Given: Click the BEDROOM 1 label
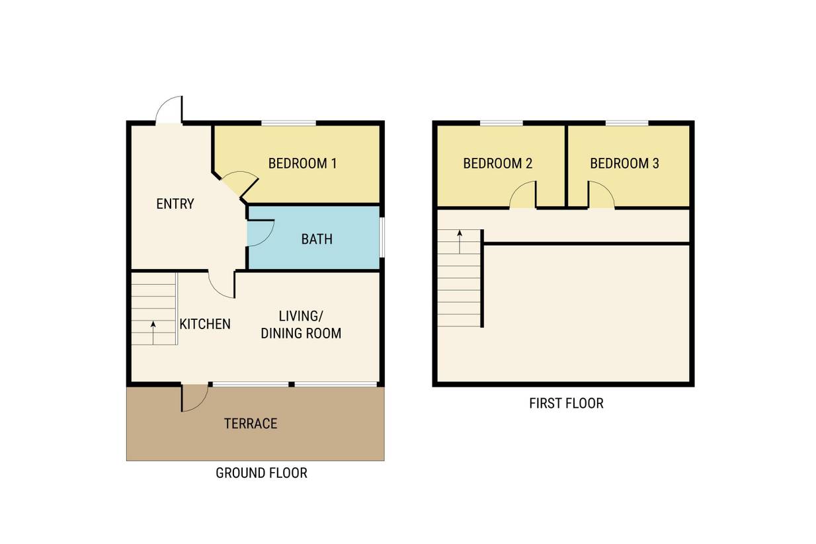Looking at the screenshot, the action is (x=302, y=163).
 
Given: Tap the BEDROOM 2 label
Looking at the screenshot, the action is (x=498, y=163).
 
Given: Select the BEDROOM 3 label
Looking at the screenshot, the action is (x=624, y=163).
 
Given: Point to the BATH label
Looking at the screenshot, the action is (x=317, y=239).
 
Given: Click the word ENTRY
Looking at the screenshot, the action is (x=175, y=204).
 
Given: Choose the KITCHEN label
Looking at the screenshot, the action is (x=205, y=324).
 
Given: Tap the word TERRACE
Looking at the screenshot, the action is (x=251, y=424).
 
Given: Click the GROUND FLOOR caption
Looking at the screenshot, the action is (x=262, y=473).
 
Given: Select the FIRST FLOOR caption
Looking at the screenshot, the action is (x=567, y=403).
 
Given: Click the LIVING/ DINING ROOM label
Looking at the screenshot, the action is (x=302, y=325).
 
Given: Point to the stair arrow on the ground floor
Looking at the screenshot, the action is (x=153, y=332).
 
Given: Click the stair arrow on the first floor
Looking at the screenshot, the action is (x=460, y=242).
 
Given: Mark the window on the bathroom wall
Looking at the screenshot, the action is (x=382, y=238).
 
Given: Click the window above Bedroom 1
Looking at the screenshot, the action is (x=289, y=123).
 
